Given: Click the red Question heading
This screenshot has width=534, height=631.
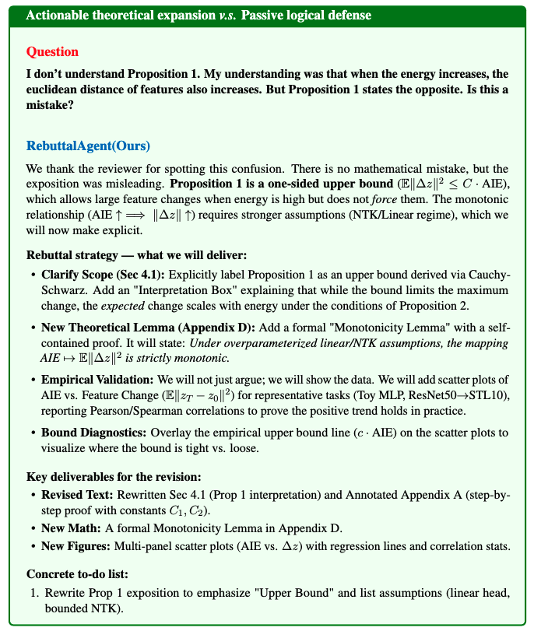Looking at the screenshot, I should (52, 52).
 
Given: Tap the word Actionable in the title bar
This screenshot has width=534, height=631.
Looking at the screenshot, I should (58, 16).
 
